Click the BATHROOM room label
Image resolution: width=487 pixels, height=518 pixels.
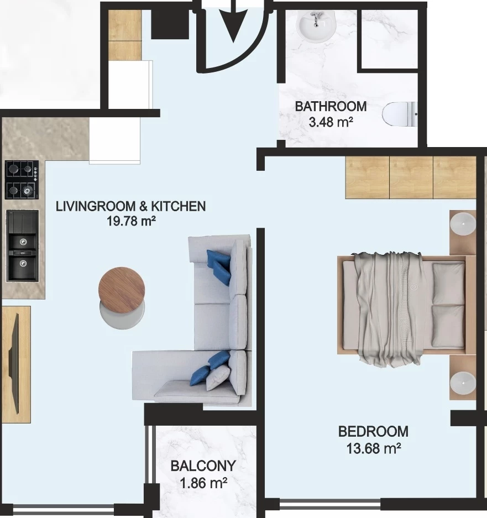click(x=331, y=106)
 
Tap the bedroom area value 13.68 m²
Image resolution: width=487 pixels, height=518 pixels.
click(x=374, y=449)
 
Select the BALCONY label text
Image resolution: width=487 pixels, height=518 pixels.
click(x=203, y=466)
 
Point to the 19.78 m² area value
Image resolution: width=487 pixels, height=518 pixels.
click(x=131, y=221)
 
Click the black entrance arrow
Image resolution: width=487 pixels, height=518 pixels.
click(x=234, y=21)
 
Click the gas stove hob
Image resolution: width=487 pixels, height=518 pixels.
click(x=22, y=180)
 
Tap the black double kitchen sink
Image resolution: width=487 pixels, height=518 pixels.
click(x=23, y=246)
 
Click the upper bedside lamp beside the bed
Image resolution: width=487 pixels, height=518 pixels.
click(x=463, y=224)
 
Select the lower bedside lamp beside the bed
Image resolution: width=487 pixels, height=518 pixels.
click(x=463, y=383)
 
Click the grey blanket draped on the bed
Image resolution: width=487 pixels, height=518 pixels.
click(x=387, y=309)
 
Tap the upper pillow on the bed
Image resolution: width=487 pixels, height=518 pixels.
click(x=448, y=284)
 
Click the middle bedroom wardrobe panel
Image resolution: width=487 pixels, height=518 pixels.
click(x=411, y=177)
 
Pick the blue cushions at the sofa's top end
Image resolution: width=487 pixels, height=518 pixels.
click(x=218, y=267)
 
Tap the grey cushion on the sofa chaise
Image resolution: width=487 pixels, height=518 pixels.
click(x=218, y=378)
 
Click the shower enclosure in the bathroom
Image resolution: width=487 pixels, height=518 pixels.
click(x=388, y=39)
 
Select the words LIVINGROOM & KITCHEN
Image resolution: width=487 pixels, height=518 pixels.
click(x=131, y=206)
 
